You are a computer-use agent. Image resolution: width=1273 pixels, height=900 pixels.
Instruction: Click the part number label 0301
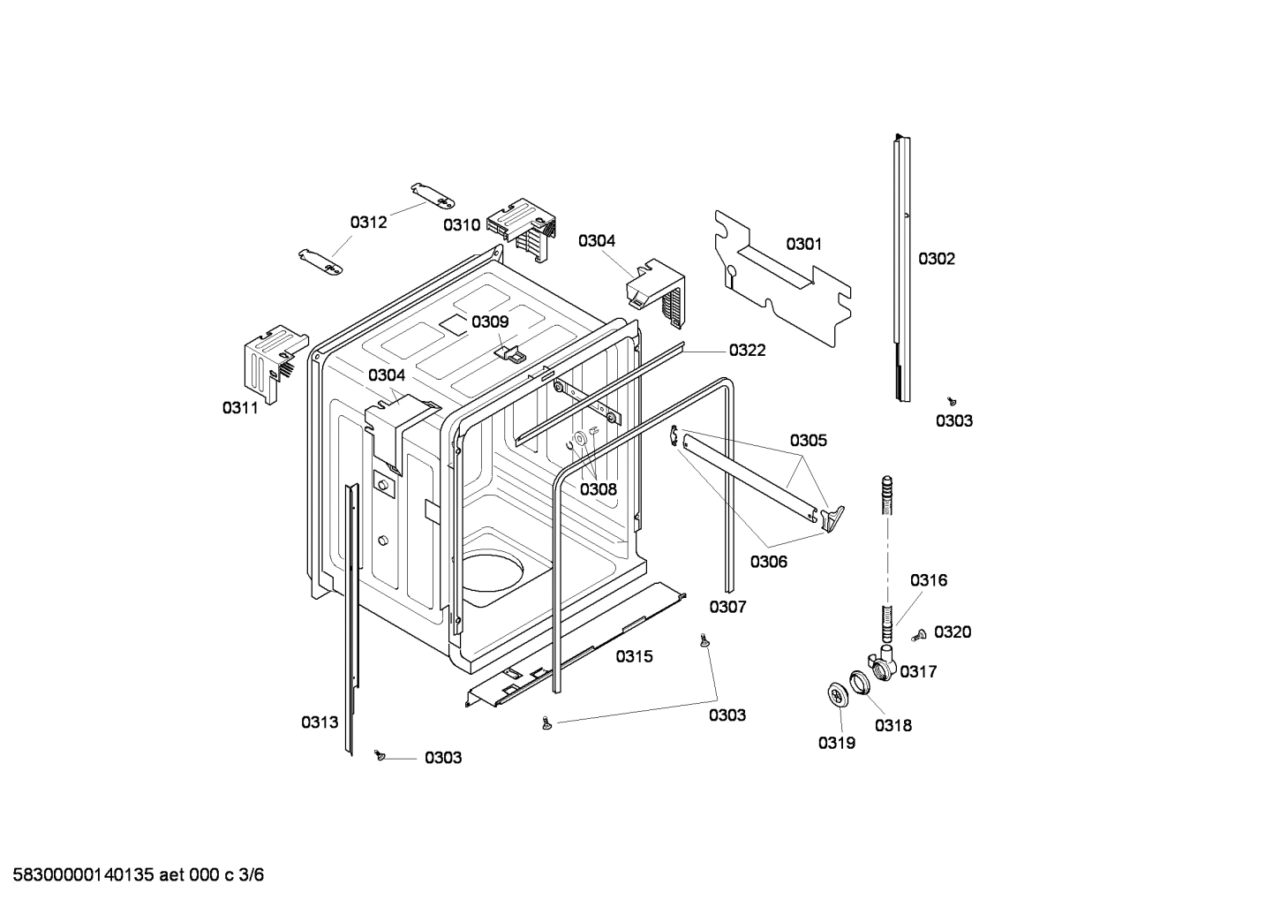click(x=803, y=244)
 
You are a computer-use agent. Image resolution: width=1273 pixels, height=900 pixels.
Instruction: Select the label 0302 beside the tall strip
click(x=936, y=259)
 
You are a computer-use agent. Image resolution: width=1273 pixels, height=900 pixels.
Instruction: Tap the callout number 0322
click(x=747, y=351)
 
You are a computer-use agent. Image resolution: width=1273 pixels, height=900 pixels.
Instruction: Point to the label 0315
click(x=634, y=656)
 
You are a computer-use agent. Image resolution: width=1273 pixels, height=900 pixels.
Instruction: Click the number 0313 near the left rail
click(x=320, y=722)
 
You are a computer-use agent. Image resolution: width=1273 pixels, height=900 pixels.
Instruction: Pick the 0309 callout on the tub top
click(x=489, y=321)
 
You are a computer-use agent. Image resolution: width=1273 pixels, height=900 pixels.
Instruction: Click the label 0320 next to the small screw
click(x=953, y=632)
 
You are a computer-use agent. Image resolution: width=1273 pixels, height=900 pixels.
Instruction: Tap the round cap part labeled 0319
click(x=836, y=694)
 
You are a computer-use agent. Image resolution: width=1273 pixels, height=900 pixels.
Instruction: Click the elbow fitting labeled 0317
click(x=882, y=663)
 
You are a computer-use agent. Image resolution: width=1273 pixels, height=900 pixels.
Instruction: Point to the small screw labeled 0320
click(x=919, y=633)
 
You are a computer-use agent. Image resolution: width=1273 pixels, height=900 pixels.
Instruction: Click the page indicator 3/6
click(x=252, y=875)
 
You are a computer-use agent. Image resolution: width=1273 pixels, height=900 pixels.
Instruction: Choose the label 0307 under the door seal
click(x=727, y=607)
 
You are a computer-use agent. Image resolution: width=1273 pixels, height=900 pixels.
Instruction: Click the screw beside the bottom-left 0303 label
click(x=380, y=755)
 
